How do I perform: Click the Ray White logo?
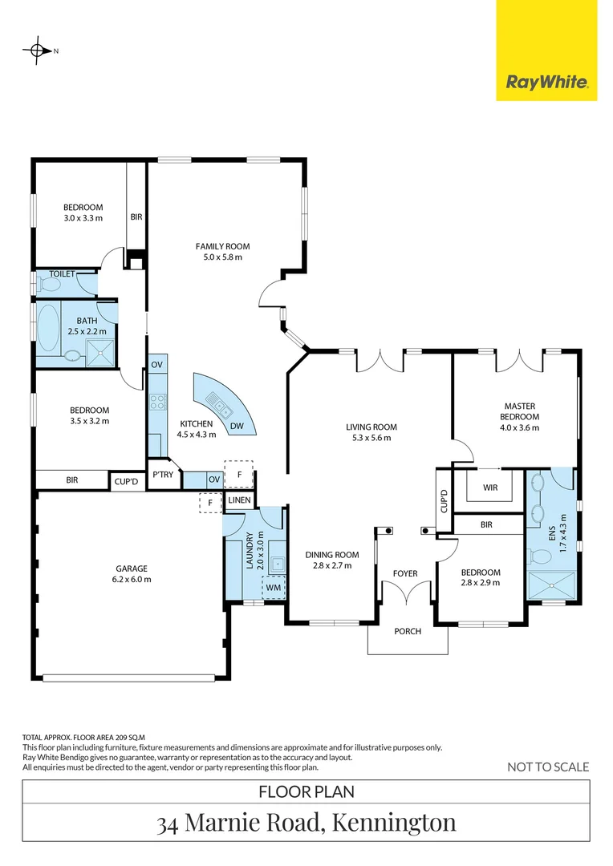(x=546, y=81)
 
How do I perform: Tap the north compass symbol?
(x=37, y=51)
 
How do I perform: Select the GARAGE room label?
(x=132, y=569)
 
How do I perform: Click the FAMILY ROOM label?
(x=222, y=246)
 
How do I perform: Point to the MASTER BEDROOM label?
(x=519, y=411)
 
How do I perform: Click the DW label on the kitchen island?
(x=237, y=426)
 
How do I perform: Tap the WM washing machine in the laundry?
(x=274, y=588)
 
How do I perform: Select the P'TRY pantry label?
(x=163, y=474)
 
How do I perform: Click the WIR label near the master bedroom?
(x=491, y=487)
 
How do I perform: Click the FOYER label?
(x=405, y=573)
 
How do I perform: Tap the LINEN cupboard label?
(x=240, y=500)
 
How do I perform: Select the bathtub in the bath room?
(x=49, y=329)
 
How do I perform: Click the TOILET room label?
(x=62, y=274)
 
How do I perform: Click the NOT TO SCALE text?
(x=548, y=767)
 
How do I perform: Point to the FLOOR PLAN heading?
(x=306, y=792)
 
